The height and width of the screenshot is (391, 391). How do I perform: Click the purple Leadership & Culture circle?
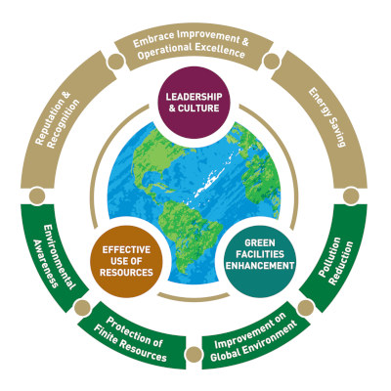(194, 103)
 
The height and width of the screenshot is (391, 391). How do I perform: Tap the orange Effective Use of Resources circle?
(126, 261)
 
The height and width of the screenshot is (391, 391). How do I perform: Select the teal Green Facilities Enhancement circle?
(261, 261)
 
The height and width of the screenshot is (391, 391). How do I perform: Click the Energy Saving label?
(326, 116)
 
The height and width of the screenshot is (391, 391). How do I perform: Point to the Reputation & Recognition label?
(58, 119)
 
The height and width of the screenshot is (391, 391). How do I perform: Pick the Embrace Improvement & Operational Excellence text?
(192, 45)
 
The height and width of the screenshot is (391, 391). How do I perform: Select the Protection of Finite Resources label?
(130, 339)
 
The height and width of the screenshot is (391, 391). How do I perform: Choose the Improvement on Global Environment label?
(254, 336)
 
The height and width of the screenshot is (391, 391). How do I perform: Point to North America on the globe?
(156, 159)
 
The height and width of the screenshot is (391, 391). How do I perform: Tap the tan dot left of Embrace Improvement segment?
(115, 62)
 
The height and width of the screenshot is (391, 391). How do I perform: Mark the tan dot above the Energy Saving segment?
(272, 62)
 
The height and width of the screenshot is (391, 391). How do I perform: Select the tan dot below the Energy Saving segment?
(351, 196)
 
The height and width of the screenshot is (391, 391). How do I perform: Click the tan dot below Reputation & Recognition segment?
(37, 196)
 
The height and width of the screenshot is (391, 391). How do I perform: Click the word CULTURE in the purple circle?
(198, 108)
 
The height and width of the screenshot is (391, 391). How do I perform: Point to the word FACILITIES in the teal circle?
(261, 254)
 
